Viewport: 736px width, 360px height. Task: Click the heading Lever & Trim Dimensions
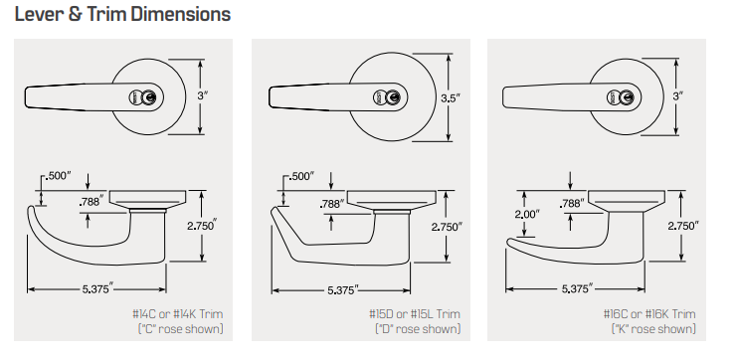(x=122, y=14)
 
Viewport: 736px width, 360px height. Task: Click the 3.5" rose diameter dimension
(x=451, y=97)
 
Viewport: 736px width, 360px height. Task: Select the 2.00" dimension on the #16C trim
(x=527, y=214)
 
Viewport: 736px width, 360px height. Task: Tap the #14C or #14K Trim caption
(x=177, y=313)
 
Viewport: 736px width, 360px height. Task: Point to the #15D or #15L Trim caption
(x=415, y=313)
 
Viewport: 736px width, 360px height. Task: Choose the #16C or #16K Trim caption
(x=649, y=313)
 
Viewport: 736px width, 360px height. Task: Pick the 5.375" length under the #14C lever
(x=98, y=288)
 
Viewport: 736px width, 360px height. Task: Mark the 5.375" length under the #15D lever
(x=342, y=289)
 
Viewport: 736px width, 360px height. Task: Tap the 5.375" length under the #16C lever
(x=577, y=288)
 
